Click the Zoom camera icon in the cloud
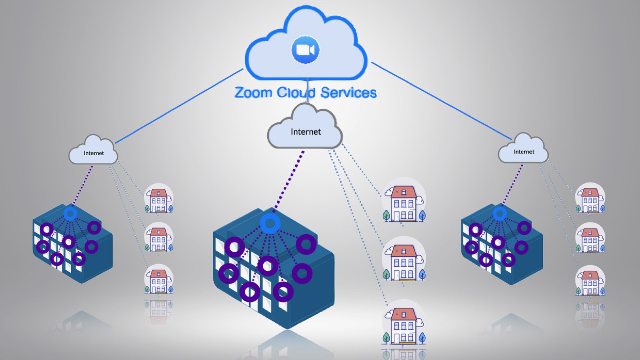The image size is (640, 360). [305, 50]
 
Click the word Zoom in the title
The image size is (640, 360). [253, 93]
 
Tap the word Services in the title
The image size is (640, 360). [348, 93]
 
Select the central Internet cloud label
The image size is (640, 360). [305, 132]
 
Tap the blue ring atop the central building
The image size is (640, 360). [270, 223]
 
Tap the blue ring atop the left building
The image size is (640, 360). [70, 214]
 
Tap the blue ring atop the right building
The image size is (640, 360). [500, 214]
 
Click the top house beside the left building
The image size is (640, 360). [159, 199]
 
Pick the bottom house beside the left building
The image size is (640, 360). [159, 280]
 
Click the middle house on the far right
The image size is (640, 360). [590, 238]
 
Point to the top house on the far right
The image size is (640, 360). [590, 199]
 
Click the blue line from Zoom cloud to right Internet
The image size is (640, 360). [442, 101]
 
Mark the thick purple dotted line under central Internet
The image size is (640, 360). [289, 180]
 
